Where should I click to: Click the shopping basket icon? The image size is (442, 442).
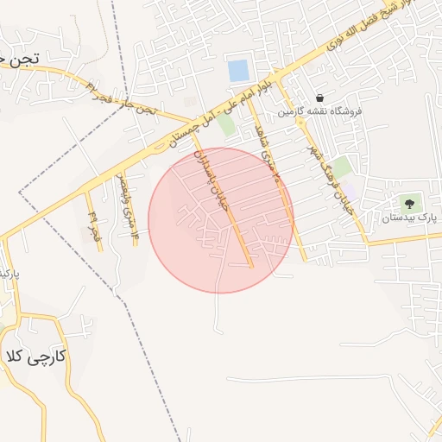pos(320,98)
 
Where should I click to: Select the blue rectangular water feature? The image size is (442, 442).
pos(238,71)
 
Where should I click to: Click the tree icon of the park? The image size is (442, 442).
pos(408,204)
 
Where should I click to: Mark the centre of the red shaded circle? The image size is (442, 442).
pos(221,220)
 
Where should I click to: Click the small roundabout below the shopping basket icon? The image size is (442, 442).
pos(300,123)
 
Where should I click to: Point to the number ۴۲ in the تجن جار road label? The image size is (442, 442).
pos(92,86)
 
